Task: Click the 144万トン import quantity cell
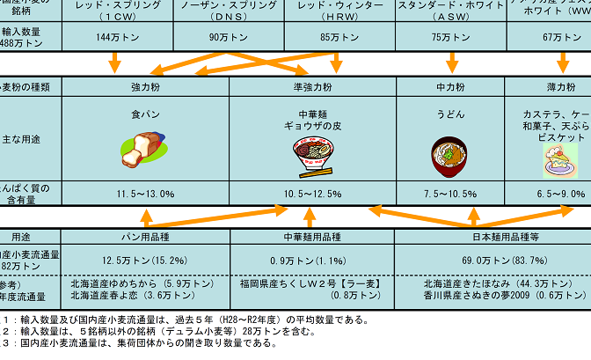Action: point(113,37)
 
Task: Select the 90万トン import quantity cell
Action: point(226,37)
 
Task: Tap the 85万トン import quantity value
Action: point(339,37)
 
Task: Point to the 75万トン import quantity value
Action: point(452,37)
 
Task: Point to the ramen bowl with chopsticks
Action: point(313,156)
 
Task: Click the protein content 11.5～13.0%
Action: point(145,193)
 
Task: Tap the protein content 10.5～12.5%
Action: point(312,193)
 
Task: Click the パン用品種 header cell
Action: point(145,237)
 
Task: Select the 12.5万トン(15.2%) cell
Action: point(145,260)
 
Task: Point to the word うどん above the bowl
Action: point(451,114)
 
